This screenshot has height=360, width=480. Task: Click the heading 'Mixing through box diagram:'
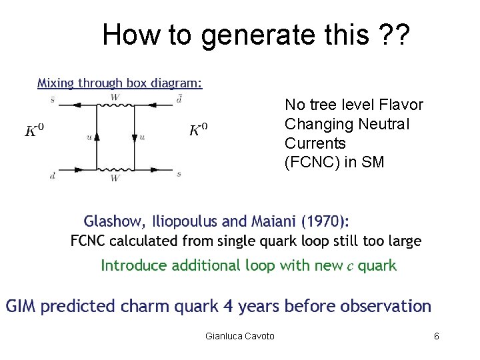coord(119,83)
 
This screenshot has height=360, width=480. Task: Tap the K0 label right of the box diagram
coord(199,129)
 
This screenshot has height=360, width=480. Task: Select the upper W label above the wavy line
coord(115,98)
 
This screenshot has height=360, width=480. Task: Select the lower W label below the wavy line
coord(115,178)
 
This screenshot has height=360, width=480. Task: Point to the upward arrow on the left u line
coord(97,137)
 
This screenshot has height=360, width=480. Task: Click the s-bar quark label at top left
coord(53,100)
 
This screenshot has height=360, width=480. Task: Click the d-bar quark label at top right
coord(179,100)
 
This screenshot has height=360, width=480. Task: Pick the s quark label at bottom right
coord(179,175)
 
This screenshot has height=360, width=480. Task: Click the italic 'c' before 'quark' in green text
coord(349,266)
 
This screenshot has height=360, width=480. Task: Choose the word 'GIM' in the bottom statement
coord(22,307)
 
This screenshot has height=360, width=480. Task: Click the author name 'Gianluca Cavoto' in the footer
coord(240,336)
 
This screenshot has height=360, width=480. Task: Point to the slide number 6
coord(436,336)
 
